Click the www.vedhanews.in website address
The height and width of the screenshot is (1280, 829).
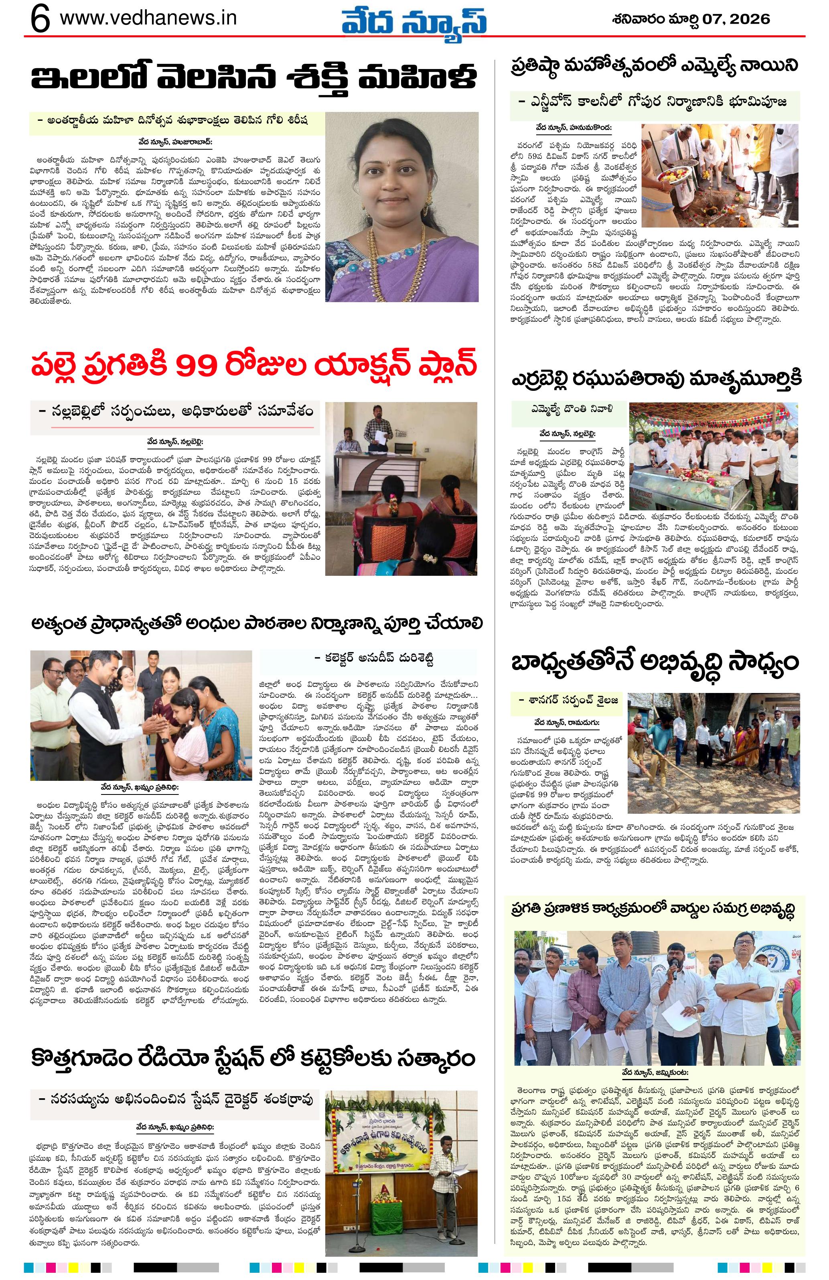click(x=148, y=18)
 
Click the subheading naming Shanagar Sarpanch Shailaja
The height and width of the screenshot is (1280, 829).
click(x=568, y=700)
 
